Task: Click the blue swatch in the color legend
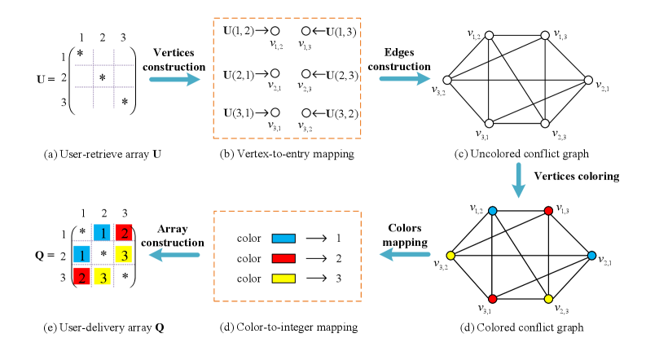282,239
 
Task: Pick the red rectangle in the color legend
282,258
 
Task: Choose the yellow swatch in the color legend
282,278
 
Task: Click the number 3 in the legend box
337,278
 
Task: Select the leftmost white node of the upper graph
446,80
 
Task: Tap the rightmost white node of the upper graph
588,80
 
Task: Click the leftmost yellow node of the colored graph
450,256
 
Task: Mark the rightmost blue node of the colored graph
591,256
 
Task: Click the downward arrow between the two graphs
518,179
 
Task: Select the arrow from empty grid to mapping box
174,79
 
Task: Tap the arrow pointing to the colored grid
174,255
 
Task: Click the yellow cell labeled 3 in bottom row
103,277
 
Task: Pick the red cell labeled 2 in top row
124,233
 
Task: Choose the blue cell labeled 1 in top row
102,233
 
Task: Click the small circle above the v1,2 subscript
275,31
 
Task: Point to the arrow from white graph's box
405,79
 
